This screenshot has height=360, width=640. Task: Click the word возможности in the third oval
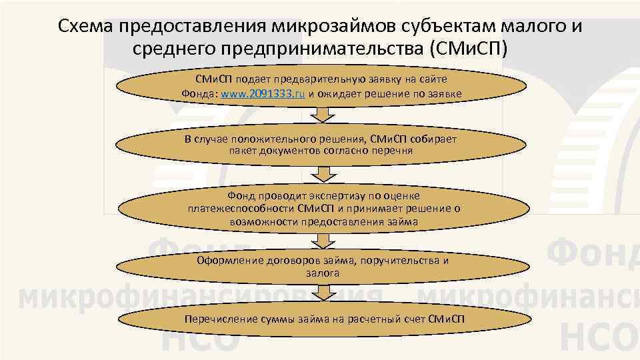(x=263, y=220)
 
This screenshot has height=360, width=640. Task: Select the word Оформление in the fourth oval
(x=226, y=260)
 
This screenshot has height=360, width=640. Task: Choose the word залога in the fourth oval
(x=323, y=273)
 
